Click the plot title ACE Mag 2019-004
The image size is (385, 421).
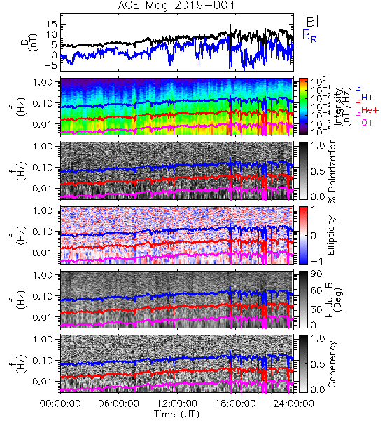(x=176, y=6)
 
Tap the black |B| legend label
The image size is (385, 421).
(x=311, y=20)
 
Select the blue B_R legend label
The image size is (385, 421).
(x=309, y=36)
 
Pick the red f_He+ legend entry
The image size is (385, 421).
(x=367, y=107)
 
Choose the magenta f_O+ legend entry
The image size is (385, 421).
(x=365, y=120)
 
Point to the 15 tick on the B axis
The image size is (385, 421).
(x=52, y=25)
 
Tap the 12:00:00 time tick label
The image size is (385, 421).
(x=177, y=403)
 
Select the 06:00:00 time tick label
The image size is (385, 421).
(x=118, y=403)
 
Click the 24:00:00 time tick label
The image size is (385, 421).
(x=293, y=403)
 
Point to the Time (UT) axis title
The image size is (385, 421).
(x=176, y=414)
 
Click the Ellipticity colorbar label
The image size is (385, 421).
(x=331, y=235)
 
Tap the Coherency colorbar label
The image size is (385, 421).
(x=331, y=364)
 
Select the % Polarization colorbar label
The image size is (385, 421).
(x=332, y=171)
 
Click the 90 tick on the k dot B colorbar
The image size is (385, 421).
(x=316, y=274)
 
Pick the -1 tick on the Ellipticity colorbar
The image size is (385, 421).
(x=316, y=261)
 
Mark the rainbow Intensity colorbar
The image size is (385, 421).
(x=303, y=107)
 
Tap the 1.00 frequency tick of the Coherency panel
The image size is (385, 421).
(x=43, y=340)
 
